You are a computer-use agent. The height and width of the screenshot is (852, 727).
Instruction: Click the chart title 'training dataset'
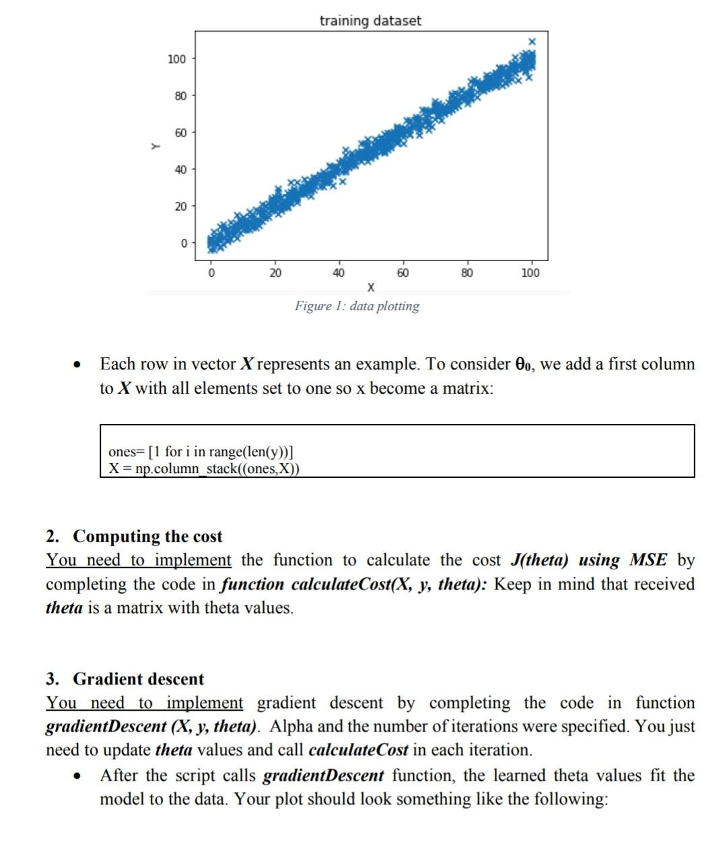click(x=370, y=21)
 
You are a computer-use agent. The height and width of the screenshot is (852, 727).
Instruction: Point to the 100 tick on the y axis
click(x=176, y=59)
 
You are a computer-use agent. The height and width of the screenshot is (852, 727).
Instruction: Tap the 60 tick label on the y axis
click(x=180, y=133)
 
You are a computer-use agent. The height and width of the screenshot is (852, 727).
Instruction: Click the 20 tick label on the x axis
click(x=275, y=273)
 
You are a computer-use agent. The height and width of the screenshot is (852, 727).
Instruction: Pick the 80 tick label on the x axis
click(x=466, y=273)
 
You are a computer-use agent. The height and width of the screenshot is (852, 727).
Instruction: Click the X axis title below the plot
click(x=370, y=288)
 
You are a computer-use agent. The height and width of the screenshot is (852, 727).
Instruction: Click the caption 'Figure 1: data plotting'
click(x=357, y=306)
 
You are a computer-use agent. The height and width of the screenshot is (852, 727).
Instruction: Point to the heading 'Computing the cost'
click(x=147, y=536)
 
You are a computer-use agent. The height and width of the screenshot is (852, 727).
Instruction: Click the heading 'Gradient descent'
click(x=138, y=679)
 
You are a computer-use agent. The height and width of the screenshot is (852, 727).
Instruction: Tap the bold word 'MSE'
click(x=648, y=561)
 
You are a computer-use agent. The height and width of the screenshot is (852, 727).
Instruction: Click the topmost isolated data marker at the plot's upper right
click(x=532, y=42)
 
